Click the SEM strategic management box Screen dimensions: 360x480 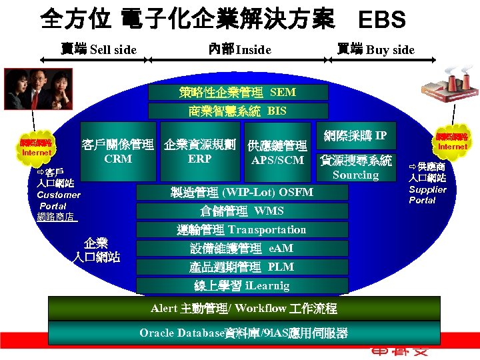[x=238, y=92]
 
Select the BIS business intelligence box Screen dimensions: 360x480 [x=238, y=111]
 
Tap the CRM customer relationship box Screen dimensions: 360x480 [x=118, y=151]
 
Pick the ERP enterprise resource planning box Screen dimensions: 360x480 [x=199, y=151]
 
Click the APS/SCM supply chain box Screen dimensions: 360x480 [x=277, y=153]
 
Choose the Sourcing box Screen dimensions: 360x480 [x=355, y=168]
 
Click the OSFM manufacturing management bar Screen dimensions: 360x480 [x=242, y=193]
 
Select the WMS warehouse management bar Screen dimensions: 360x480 [x=242, y=211]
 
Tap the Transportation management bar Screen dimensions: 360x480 [x=242, y=230]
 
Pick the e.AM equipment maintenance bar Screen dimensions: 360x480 [x=242, y=249]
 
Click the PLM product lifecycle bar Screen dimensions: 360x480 [x=242, y=267]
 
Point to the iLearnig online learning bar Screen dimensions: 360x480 [x=242, y=286]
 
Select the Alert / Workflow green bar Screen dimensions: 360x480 [x=244, y=309]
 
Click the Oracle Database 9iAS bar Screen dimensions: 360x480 [x=244, y=333]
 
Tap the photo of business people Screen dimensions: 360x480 [x=31, y=91]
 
